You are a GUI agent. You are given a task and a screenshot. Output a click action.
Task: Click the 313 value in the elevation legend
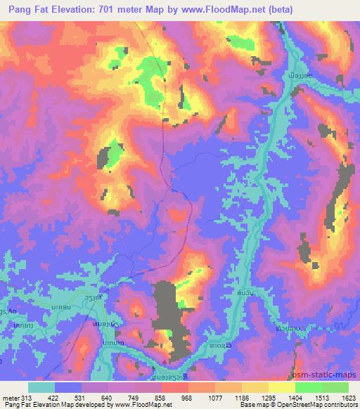[26, 397]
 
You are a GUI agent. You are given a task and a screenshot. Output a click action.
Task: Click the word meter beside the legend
[11, 397]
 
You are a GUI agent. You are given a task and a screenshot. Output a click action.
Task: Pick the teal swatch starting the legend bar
[41, 387]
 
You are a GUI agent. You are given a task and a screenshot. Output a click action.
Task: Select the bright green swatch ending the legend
[335, 387]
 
